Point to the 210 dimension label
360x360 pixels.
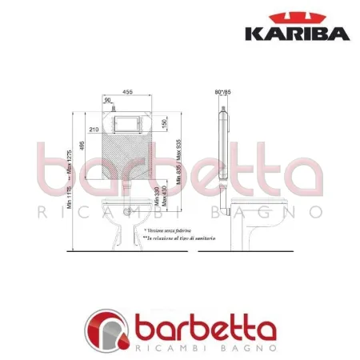click(x=94, y=128)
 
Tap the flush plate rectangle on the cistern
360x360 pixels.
click(x=128, y=125)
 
